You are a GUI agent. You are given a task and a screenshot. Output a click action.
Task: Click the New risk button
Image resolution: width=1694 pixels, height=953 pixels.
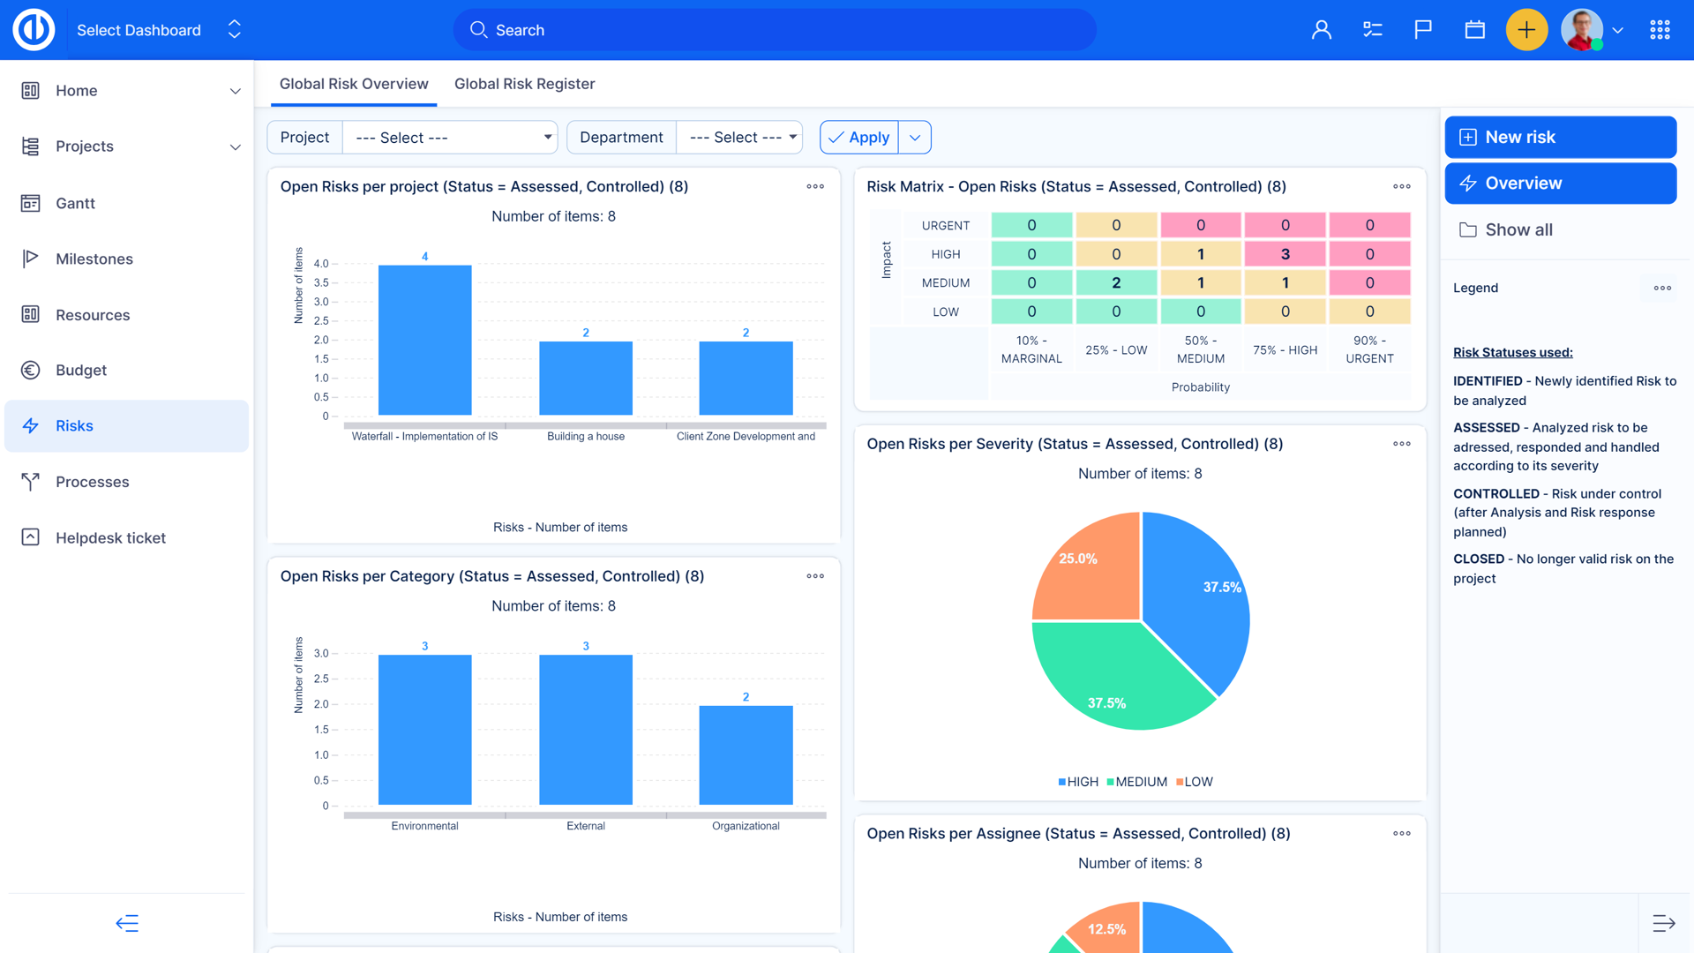pos(1560,137)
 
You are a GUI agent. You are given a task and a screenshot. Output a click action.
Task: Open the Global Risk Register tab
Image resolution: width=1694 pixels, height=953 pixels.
pos(524,84)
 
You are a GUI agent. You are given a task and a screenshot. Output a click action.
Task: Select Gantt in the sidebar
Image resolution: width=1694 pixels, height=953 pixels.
pos(75,203)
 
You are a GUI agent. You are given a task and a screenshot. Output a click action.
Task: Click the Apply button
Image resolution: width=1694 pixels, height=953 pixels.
pos(859,138)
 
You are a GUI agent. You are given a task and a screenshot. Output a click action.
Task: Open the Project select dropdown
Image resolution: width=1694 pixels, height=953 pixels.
pos(450,138)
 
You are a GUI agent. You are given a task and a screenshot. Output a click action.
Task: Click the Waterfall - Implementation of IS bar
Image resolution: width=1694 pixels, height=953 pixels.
pos(424,340)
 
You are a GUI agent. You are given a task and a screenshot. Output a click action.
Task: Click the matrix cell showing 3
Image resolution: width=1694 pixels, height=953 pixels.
pos(1285,254)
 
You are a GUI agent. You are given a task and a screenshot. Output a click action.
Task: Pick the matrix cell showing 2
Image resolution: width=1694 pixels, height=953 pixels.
pos(1115,283)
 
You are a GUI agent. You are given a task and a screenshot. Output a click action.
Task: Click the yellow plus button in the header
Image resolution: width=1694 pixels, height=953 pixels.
pos(1525,30)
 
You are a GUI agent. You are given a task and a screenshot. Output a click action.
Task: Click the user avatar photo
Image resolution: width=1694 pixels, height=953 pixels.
pos(1581,30)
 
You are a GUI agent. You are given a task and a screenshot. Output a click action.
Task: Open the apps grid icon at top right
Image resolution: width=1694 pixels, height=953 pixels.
pos(1660,30)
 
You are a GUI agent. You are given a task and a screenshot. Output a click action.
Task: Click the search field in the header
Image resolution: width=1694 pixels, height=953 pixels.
pos(775,30)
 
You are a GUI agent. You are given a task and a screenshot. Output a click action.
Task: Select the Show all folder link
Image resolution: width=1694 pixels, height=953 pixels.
pos(1518,229)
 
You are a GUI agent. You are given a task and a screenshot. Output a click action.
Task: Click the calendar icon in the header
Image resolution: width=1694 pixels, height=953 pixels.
pos(1474,30)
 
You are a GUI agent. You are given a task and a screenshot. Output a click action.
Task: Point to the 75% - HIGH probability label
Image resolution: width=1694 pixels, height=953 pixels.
pos(1285,350)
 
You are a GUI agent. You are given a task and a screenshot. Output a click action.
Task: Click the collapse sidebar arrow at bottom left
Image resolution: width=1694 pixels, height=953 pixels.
pos(127,923)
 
